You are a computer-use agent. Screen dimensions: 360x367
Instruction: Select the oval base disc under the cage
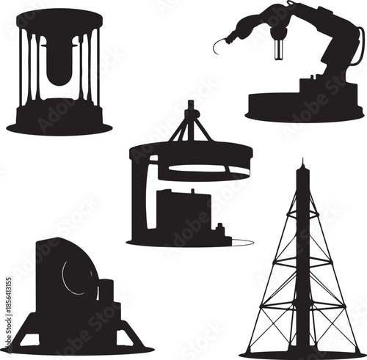point(59,127)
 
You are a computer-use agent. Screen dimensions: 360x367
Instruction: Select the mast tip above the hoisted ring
point(191,106)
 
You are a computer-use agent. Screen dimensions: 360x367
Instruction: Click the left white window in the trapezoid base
point(30,339)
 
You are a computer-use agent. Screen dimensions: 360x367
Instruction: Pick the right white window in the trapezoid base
point(127,339)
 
